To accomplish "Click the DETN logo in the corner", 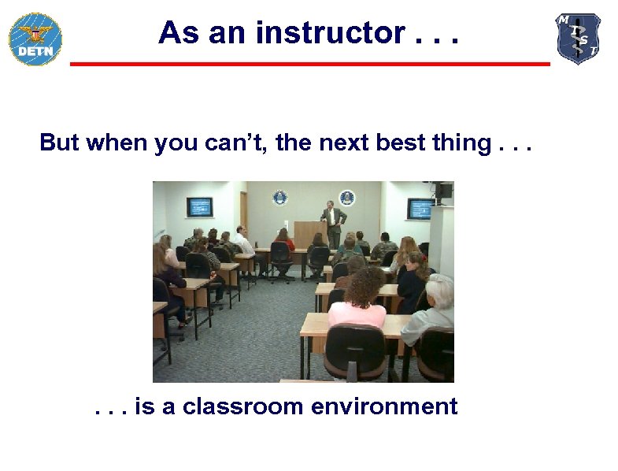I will tap(35, 39).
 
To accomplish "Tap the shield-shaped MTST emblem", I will tap(579, 38).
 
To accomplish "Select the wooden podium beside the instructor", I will tap(309, 234).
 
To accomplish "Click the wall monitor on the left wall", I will tap(199, 207).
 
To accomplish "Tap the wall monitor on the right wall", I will tap(420, 209).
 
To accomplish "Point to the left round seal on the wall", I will tap(279, 198).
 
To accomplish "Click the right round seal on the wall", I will tap(346, 198).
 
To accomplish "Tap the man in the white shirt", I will tap(242, 242).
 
